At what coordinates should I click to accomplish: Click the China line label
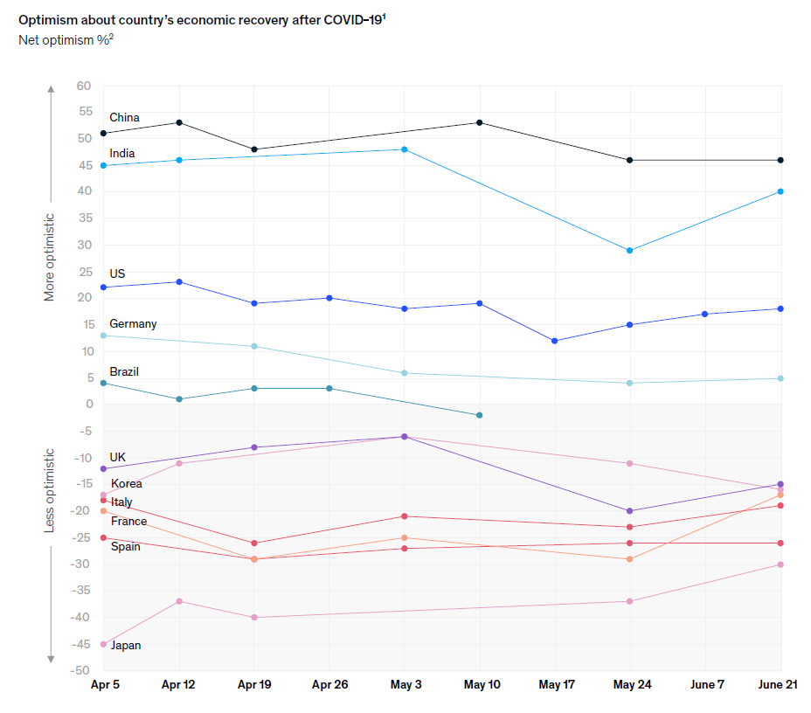(x=124, y=118)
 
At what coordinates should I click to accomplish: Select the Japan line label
(x=125, y=646)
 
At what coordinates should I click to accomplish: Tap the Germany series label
(x=133, y=324)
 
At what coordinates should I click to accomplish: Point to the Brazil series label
(x=124, y=372)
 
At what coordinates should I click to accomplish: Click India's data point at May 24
(x=630, y=251)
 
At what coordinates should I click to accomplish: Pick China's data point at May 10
(x=480, y=122)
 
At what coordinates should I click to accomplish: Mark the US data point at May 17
(x=555, y=341)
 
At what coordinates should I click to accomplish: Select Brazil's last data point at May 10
(x=480, y=415)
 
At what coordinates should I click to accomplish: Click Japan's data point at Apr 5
(x=103, y=644)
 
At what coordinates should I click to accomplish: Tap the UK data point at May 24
(x=630, y=511)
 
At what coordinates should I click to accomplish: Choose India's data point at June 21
(x=780, y=191)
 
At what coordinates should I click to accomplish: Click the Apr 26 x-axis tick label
(x=329, y=685)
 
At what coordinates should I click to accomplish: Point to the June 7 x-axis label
(x=706, y=685)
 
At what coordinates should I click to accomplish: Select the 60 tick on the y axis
(x=84, y=86)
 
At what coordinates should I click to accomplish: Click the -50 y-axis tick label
(x=81, y=670)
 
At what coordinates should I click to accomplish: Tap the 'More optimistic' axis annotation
(x=50, y=257)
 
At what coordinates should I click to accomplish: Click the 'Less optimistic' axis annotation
(x=50, y=490)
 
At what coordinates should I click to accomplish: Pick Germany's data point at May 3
(x=405, y=373)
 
